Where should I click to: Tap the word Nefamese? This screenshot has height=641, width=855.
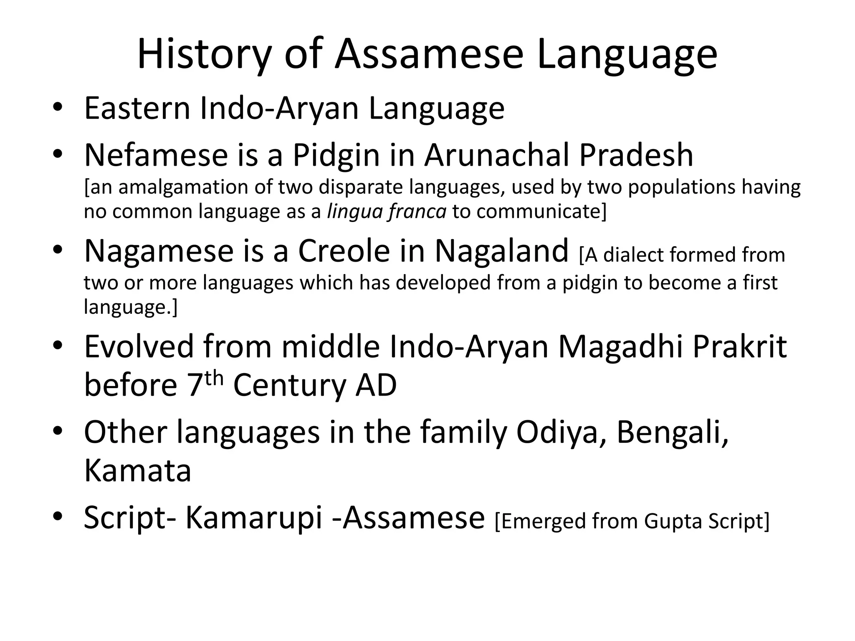(x=156, y=155)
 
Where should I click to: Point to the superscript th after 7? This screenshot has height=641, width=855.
(x=215, y=378)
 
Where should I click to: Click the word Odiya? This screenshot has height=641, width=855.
(x=561, y=432)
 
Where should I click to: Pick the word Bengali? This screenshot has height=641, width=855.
(x=672, y=432)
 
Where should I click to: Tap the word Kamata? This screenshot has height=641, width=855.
(x=138, y=471)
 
